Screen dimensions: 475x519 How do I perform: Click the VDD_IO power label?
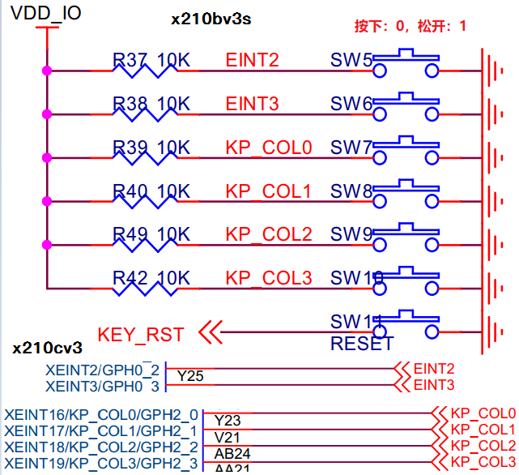[45, 13]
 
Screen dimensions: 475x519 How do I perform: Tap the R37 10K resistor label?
[151, 59]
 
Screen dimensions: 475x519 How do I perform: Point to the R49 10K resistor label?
[151, 234]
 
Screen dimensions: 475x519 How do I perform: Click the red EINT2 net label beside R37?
[253, 59]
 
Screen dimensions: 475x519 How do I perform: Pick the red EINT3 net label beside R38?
[253, 103]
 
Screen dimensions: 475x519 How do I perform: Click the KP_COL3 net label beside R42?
[269, 278]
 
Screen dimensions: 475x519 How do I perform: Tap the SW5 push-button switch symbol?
[406, 64]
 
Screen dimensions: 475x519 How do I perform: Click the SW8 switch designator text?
[351, 191]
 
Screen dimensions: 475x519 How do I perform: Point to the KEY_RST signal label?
[141, 334]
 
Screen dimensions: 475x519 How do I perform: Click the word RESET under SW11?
[362, 344]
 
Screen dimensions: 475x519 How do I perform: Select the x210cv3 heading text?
[47, 349]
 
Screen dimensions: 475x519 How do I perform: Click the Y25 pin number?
[190, 376]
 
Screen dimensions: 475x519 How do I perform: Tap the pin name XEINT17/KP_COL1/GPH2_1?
[100, 430]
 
